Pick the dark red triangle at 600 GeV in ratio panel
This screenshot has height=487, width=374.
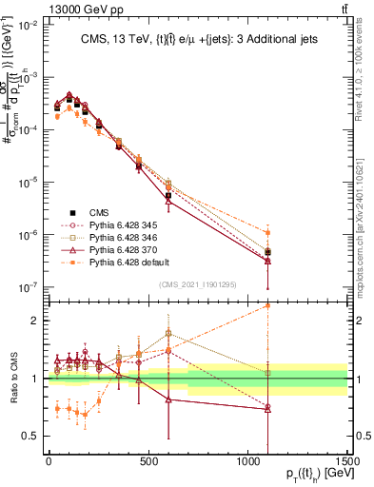pos(168,399)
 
